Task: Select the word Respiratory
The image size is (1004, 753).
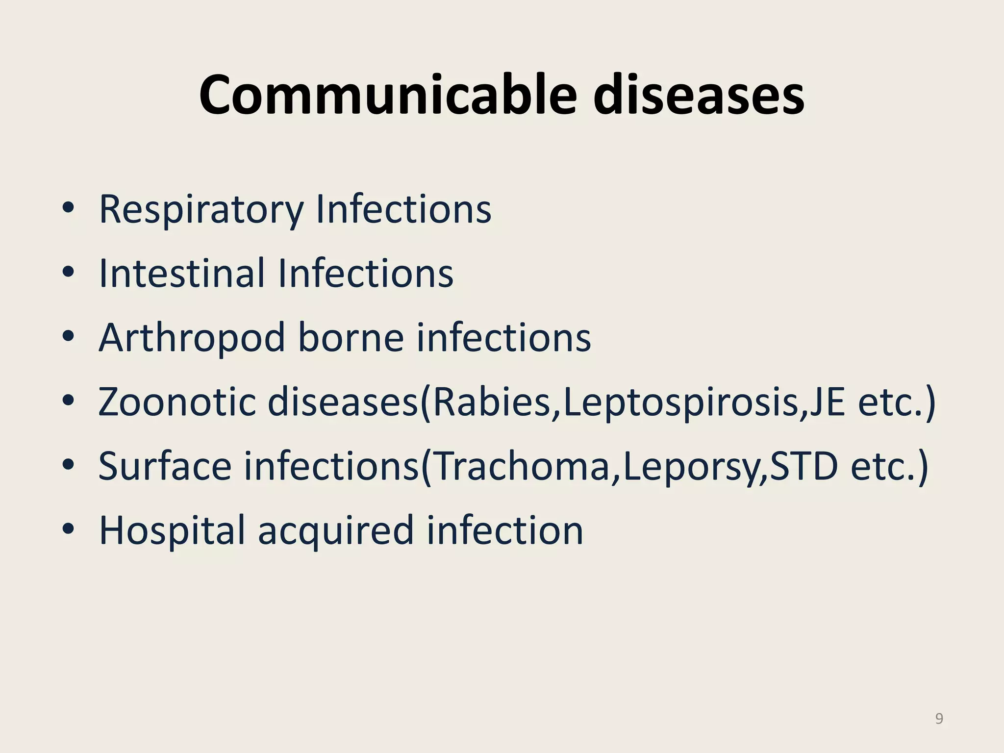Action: (201, 210)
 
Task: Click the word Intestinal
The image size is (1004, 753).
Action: (181, 273)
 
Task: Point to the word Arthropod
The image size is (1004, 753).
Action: (192, 338)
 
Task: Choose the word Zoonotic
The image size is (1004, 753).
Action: (177, 402)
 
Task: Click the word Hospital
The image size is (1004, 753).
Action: (172, 531)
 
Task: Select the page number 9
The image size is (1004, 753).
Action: (939, 719)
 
